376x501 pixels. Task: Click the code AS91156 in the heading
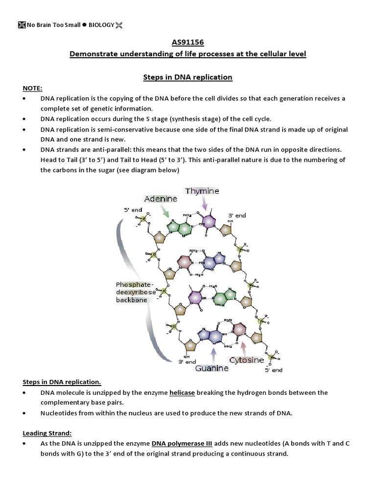click(188, 43)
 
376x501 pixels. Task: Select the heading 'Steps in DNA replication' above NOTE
click(188, 77)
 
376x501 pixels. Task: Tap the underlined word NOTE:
click(33, 88)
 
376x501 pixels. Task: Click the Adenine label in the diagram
click(161, 199)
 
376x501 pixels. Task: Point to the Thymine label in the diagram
click(202, 191)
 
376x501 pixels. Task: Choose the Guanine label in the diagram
click(212, 368)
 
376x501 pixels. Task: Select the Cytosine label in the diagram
click(247, 360)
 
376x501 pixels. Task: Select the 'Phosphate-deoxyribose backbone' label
click(135, 292)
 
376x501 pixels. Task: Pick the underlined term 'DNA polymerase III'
click(182, 444)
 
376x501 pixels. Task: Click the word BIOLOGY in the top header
click(101, 24)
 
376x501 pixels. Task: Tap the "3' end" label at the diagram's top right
click(237, 215)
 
